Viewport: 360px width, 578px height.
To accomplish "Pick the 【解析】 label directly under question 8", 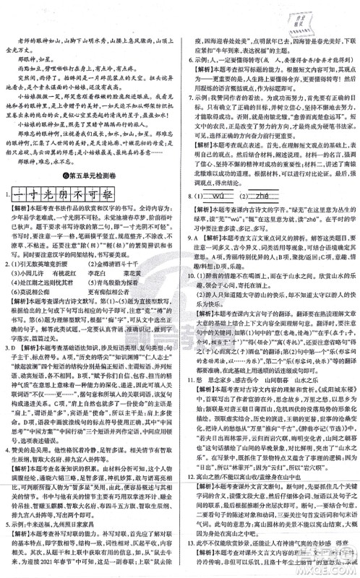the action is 205,225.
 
